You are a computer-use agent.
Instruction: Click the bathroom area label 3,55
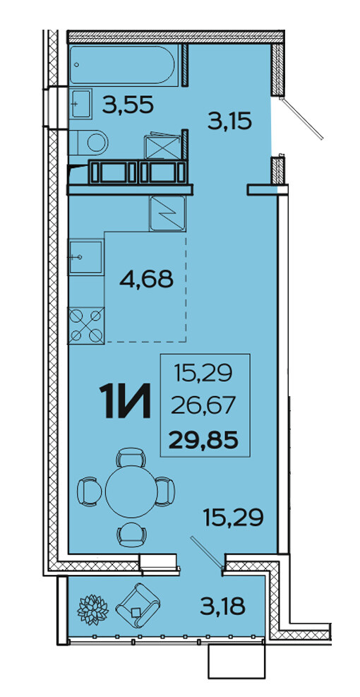coord(128,105)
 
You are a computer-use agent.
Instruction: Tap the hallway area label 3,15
coord(230,121)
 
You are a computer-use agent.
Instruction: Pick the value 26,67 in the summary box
coord(204,406)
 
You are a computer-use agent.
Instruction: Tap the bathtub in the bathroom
coord(124,64)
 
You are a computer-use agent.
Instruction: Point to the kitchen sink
coord(86,257)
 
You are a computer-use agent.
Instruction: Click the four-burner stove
coord(86,326)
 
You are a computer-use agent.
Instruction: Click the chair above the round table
coord(131,457)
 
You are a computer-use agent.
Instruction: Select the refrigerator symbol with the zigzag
coord(167,213)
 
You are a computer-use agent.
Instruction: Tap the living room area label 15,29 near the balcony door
coord(234,516)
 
